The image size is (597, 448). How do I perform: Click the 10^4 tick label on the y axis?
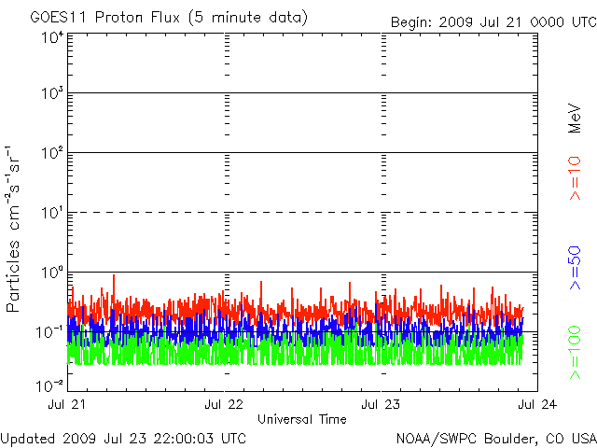52,37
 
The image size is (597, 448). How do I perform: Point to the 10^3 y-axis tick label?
52,93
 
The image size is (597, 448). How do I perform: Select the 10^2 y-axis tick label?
52,152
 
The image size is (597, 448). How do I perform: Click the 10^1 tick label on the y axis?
52,212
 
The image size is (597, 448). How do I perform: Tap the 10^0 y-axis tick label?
52,272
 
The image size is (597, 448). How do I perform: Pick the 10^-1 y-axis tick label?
50,330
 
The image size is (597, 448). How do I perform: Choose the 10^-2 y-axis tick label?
50,385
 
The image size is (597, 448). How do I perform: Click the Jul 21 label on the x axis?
68,404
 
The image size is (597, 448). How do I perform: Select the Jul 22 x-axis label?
224,404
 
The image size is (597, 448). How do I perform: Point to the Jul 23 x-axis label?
381,404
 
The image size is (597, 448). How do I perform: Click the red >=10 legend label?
575,178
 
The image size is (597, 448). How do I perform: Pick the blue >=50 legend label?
575,267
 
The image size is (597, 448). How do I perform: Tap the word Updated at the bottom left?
27,438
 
